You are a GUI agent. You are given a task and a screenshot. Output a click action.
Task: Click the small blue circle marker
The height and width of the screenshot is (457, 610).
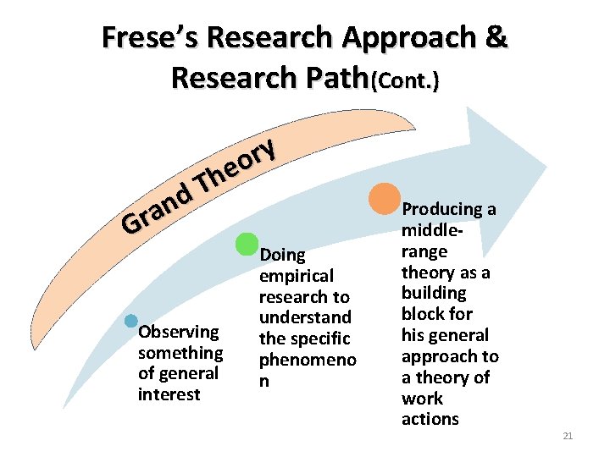pos(130,321)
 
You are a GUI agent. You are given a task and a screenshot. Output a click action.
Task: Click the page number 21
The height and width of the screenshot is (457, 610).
pos(568,436)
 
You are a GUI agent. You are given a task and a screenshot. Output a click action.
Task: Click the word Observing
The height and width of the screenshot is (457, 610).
pos(179,332)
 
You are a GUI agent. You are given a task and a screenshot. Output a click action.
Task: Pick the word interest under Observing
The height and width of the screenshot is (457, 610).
pos(169,394)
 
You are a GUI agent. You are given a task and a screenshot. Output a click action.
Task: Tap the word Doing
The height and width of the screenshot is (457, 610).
pos(282,255)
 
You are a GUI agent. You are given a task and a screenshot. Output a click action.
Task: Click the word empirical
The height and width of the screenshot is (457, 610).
pos(297,276)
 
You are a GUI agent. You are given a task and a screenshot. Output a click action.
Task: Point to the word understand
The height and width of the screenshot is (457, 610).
pos(305,317)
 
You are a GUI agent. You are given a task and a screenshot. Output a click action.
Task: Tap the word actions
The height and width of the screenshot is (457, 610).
pos(430,419)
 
